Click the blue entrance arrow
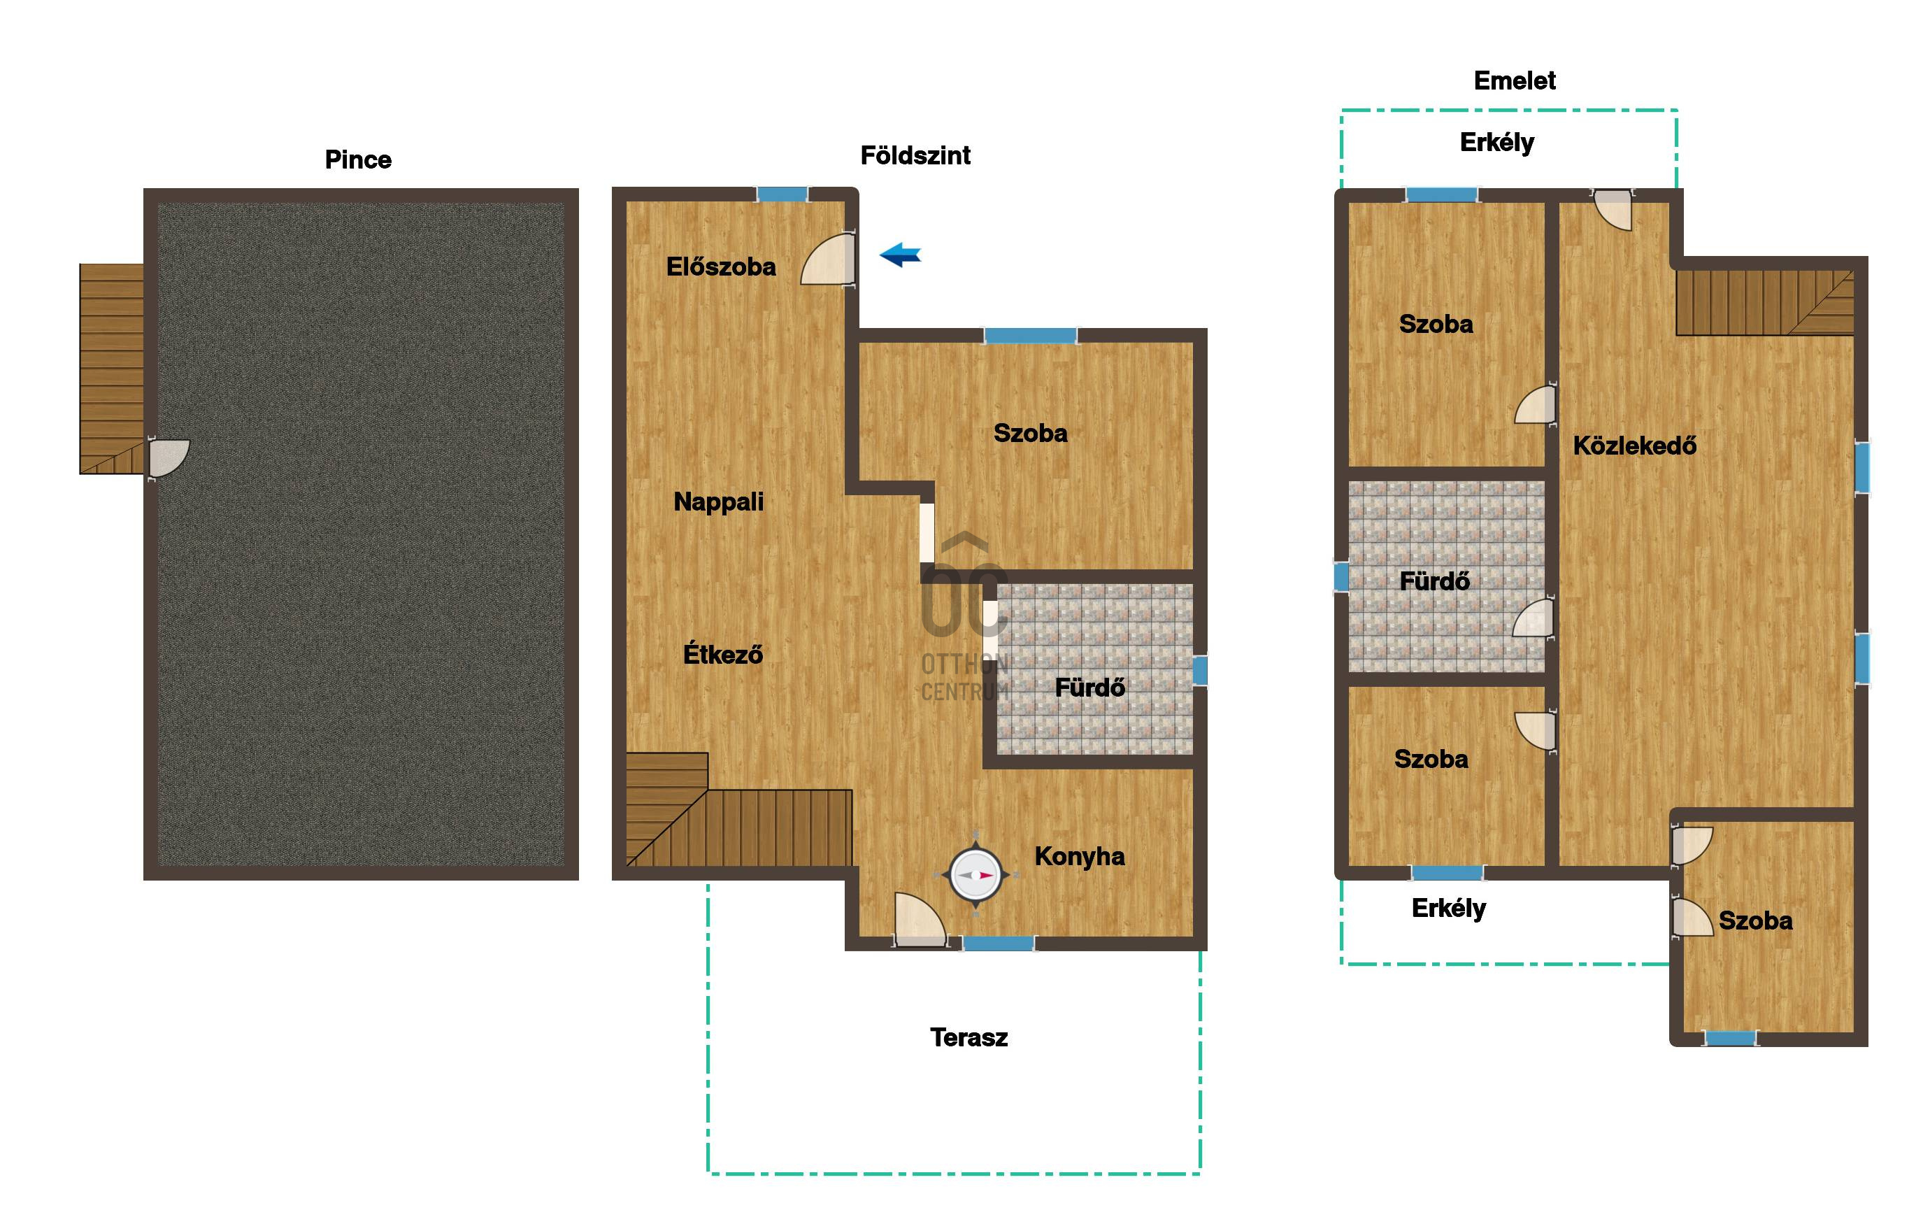(901, 255)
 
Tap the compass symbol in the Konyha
(975, 874)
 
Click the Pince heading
(358, 159)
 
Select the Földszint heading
(915, 155)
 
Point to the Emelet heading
(1515, 80)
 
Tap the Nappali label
(719, 502)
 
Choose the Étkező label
(723, 654)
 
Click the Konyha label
(1080, 857)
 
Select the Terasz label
(969, 1038)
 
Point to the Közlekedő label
(1635, 445)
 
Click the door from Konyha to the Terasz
(920, 920)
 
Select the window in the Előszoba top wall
(782, 194)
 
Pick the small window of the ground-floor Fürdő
(1200, 671)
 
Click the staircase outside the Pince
(111, 369)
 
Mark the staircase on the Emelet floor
(1765, 302)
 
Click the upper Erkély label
(1497, 143)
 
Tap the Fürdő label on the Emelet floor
(1435, 581)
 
